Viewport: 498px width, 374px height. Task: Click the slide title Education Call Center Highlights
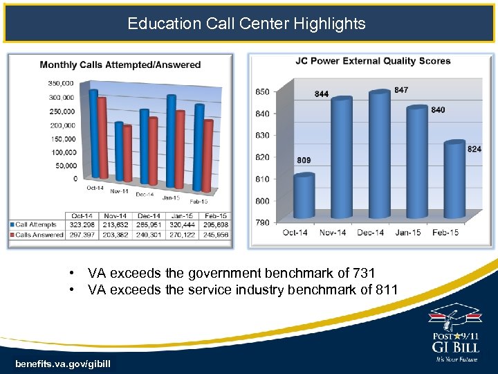(246, 24)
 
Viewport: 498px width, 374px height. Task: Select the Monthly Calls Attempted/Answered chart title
(120, 65)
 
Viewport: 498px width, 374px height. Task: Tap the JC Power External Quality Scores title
(373, 61)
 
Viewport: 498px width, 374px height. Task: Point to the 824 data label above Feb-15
(474, 149)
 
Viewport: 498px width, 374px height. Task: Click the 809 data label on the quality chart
(304, 160)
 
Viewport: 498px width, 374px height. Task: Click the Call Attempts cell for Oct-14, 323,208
(82, 225)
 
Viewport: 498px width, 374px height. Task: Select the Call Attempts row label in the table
(36, 225)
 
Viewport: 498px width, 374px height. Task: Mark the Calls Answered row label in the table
(37, 235)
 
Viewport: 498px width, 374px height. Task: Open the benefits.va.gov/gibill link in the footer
(63, 364)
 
